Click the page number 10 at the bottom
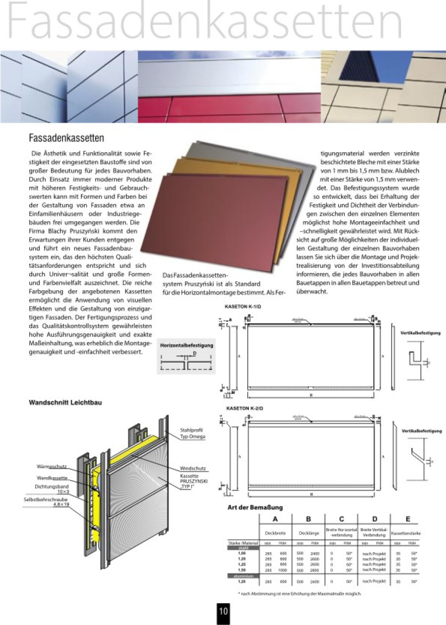[x=223, y=611]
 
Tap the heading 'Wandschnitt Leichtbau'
[x=65, y=402]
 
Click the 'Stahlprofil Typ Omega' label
[x=192, y=433]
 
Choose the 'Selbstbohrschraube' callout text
[x=46, y=500]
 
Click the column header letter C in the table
[x=341, y=519]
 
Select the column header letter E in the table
[x=407, y=519]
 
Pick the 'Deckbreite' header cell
[x=276, y=533]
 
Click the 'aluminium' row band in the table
[x=243, y=575]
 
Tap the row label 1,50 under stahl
[x=242, y=570]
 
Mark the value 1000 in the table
[x=283, y=570]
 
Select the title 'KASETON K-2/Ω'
[x=244, y=408]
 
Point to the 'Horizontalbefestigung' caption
[x=186, y=345]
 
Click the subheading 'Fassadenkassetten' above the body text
[x=66, y=137]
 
